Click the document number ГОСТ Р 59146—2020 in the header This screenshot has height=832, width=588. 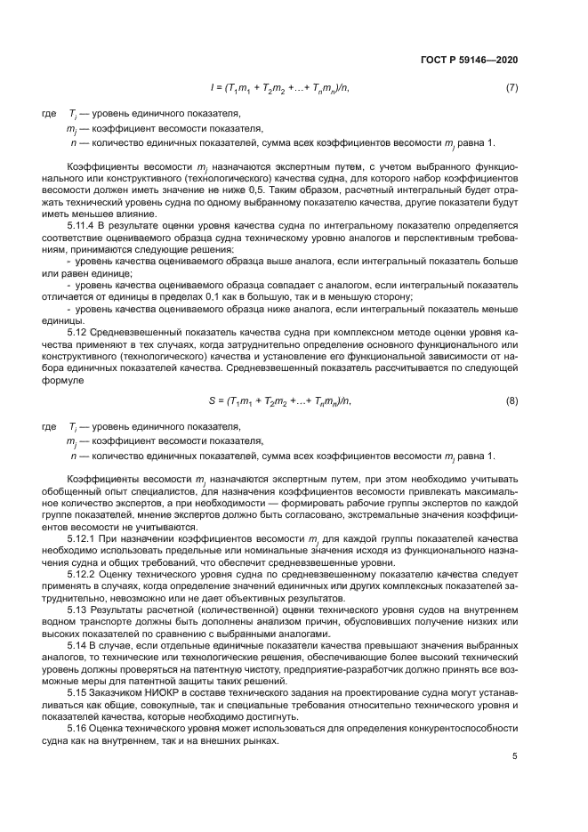coord(468,60)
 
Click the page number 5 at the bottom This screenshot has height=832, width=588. coord(515,756)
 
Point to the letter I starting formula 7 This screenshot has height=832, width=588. coord(212,88)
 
